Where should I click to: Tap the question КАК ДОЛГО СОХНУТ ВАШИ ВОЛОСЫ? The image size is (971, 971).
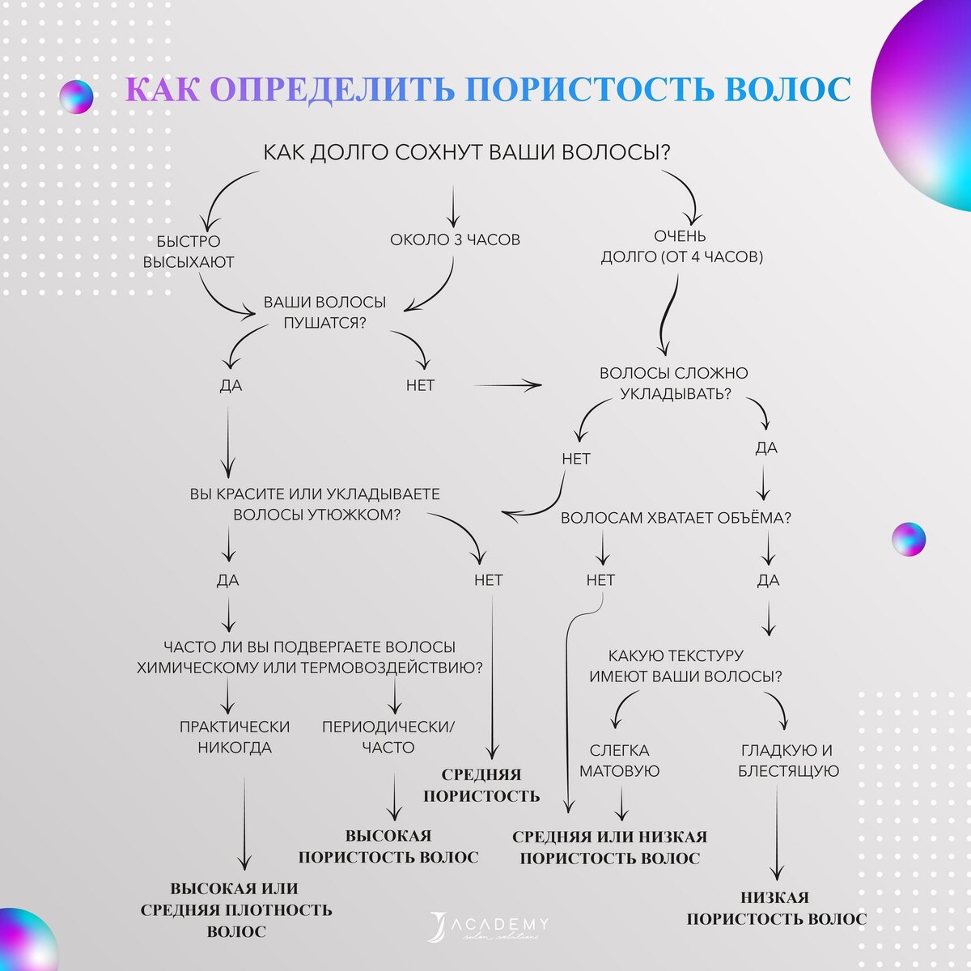point(467,152)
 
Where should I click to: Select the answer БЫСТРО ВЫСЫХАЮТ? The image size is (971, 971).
point(189,252)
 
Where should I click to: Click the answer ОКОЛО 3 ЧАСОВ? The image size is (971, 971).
point(455,240)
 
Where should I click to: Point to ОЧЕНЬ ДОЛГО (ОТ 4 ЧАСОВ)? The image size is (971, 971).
point(681,247)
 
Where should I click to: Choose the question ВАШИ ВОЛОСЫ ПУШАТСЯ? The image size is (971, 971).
point(324,312)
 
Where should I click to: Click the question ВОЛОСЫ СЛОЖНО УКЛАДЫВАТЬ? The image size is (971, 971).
point(674,384)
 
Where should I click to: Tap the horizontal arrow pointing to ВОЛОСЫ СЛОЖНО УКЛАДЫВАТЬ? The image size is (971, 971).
point(507,386)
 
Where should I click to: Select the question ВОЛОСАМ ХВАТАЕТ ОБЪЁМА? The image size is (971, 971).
point(676,518)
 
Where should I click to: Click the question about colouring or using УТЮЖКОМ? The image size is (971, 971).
point(315,504)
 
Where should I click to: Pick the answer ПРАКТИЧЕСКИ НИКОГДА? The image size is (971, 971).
point(235,737)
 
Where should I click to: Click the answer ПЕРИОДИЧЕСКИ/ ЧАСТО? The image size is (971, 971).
point(388,737)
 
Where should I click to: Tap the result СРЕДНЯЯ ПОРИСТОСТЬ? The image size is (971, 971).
point(481,785)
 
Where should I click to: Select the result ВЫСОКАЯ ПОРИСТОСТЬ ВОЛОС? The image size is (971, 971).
point(388,846)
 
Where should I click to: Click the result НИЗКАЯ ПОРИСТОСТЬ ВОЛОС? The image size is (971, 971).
point(776,908)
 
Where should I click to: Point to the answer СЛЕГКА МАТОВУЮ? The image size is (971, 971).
point(620,761)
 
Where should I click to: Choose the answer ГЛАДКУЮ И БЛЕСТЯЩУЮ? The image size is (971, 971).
point(787,761)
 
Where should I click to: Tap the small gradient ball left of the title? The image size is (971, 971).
point(76,96)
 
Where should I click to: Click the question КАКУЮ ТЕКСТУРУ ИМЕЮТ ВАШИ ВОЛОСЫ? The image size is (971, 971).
point(686,666)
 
